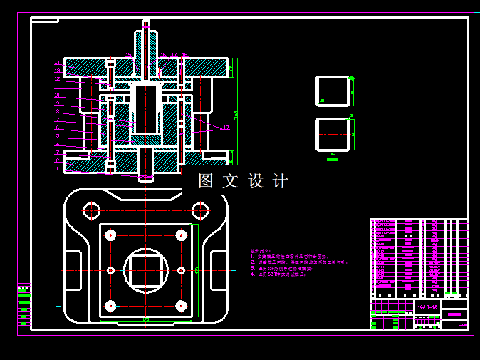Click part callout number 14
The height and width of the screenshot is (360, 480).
tap(57, 63)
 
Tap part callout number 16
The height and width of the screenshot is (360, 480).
tap(162, 55)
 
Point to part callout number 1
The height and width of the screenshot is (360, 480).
tap(57, 169)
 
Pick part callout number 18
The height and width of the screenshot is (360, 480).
tap(185, 55)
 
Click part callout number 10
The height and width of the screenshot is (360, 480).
tap(57, 95)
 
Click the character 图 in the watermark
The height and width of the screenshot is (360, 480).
tap(206, 181)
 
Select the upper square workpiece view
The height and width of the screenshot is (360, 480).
tap(333, 91)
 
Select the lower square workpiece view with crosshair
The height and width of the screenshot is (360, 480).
tap(333, 134)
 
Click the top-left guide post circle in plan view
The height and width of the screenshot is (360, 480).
tap(91, 210)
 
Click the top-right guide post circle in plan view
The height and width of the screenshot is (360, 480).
tap(200, 210)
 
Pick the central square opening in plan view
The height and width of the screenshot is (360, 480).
tap(146, 270)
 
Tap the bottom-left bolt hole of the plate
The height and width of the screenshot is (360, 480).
tap(110, 306)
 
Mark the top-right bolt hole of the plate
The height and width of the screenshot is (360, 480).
tap(182, 235)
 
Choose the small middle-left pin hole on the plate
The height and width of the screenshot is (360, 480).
tap(110, 270)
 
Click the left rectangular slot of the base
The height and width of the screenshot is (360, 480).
tap(73, 270)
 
